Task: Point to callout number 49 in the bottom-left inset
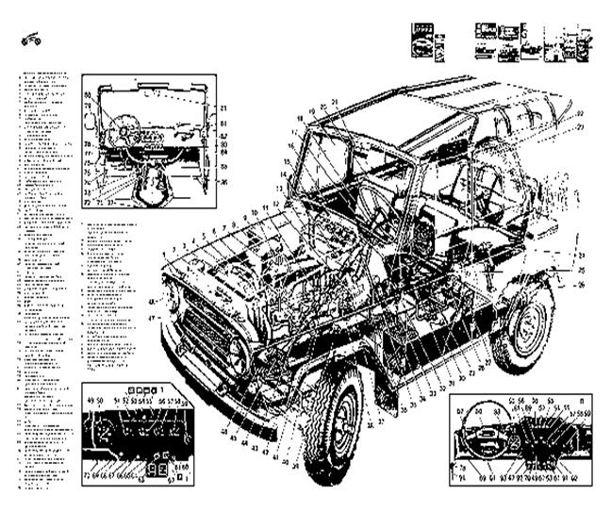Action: [x=91, y=401]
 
